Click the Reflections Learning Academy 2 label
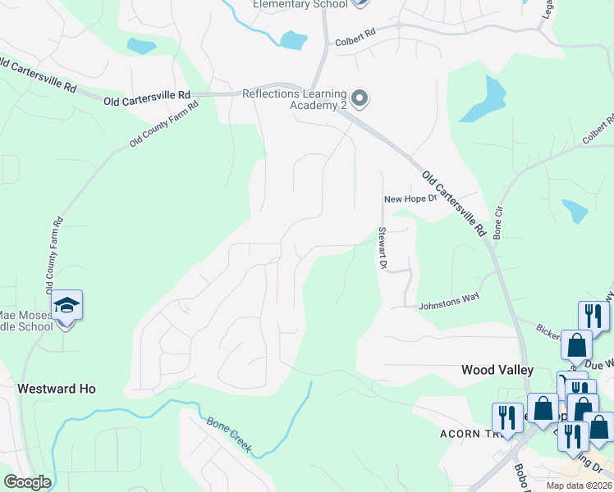(294, 99)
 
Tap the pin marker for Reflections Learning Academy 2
(359, 99)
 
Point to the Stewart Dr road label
(382, 248)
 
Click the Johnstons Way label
(449, 300)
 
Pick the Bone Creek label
(228, 435)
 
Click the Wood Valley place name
(497, 370)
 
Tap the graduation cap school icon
(66, 307)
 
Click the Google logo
(27, 482)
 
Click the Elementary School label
(300, 4)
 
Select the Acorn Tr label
(469, 432)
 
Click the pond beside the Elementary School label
(292, 39)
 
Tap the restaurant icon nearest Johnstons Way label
(593, 316)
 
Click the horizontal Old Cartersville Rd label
(148, 98)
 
